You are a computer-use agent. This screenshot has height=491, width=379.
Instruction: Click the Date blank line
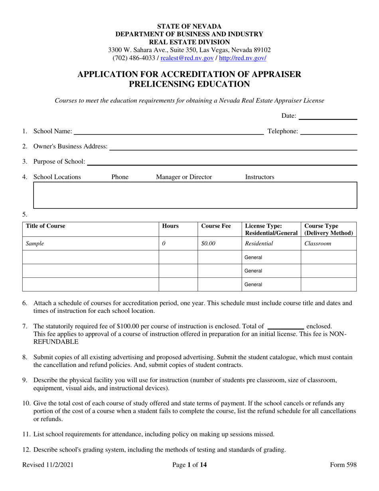tap(328, 116)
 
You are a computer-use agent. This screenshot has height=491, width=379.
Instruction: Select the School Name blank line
tap(168, 131)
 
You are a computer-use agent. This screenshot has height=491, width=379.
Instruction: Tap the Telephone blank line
tap(328, 131)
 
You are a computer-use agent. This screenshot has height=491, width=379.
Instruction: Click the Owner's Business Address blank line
tap(233, 147)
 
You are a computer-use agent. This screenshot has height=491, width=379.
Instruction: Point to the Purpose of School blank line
tap(222, 162)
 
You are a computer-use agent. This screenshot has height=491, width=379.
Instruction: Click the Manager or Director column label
tap(184, 177)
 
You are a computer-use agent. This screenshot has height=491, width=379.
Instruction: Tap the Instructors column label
tap(259, 177)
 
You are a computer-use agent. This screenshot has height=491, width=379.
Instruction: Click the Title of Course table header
tap(45, 226)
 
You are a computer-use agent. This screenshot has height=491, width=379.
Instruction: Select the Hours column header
tap(170, 226)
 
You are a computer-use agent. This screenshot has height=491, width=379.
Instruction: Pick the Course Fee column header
tap(216, 226)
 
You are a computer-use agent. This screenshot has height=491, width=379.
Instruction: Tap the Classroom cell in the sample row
tap(318, 243)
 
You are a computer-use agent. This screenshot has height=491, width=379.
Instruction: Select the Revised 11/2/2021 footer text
tap(47, 465)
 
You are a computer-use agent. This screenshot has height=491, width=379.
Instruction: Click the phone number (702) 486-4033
tap(132, 58)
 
